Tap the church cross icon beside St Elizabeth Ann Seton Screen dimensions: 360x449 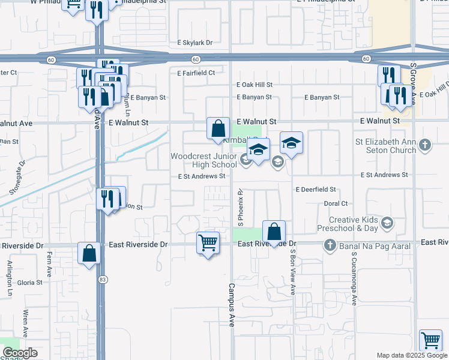(425, 145)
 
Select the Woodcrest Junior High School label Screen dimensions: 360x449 (203, 160)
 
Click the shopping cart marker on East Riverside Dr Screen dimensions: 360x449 (208, 243)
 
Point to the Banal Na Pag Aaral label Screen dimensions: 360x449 (374, 245)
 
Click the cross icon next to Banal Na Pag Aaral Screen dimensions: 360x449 (330, 245)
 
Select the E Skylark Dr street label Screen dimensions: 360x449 (195, 43)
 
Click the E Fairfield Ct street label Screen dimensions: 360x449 (196, 73)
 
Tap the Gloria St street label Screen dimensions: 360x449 (29, 282)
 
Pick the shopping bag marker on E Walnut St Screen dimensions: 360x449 (218, 128)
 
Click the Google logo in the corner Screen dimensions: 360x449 (20, 353)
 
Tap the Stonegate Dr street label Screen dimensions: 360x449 (17, 178)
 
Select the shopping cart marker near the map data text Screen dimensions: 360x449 (431, 340)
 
